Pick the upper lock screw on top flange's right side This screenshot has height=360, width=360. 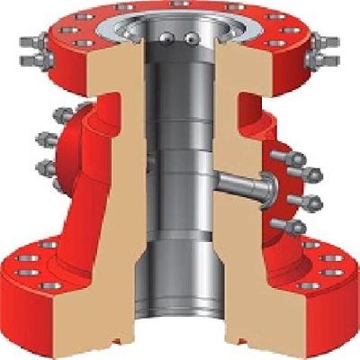(327, 41)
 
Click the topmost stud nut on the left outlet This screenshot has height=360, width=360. (62, 116)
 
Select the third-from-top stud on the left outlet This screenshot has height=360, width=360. (44, 166)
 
